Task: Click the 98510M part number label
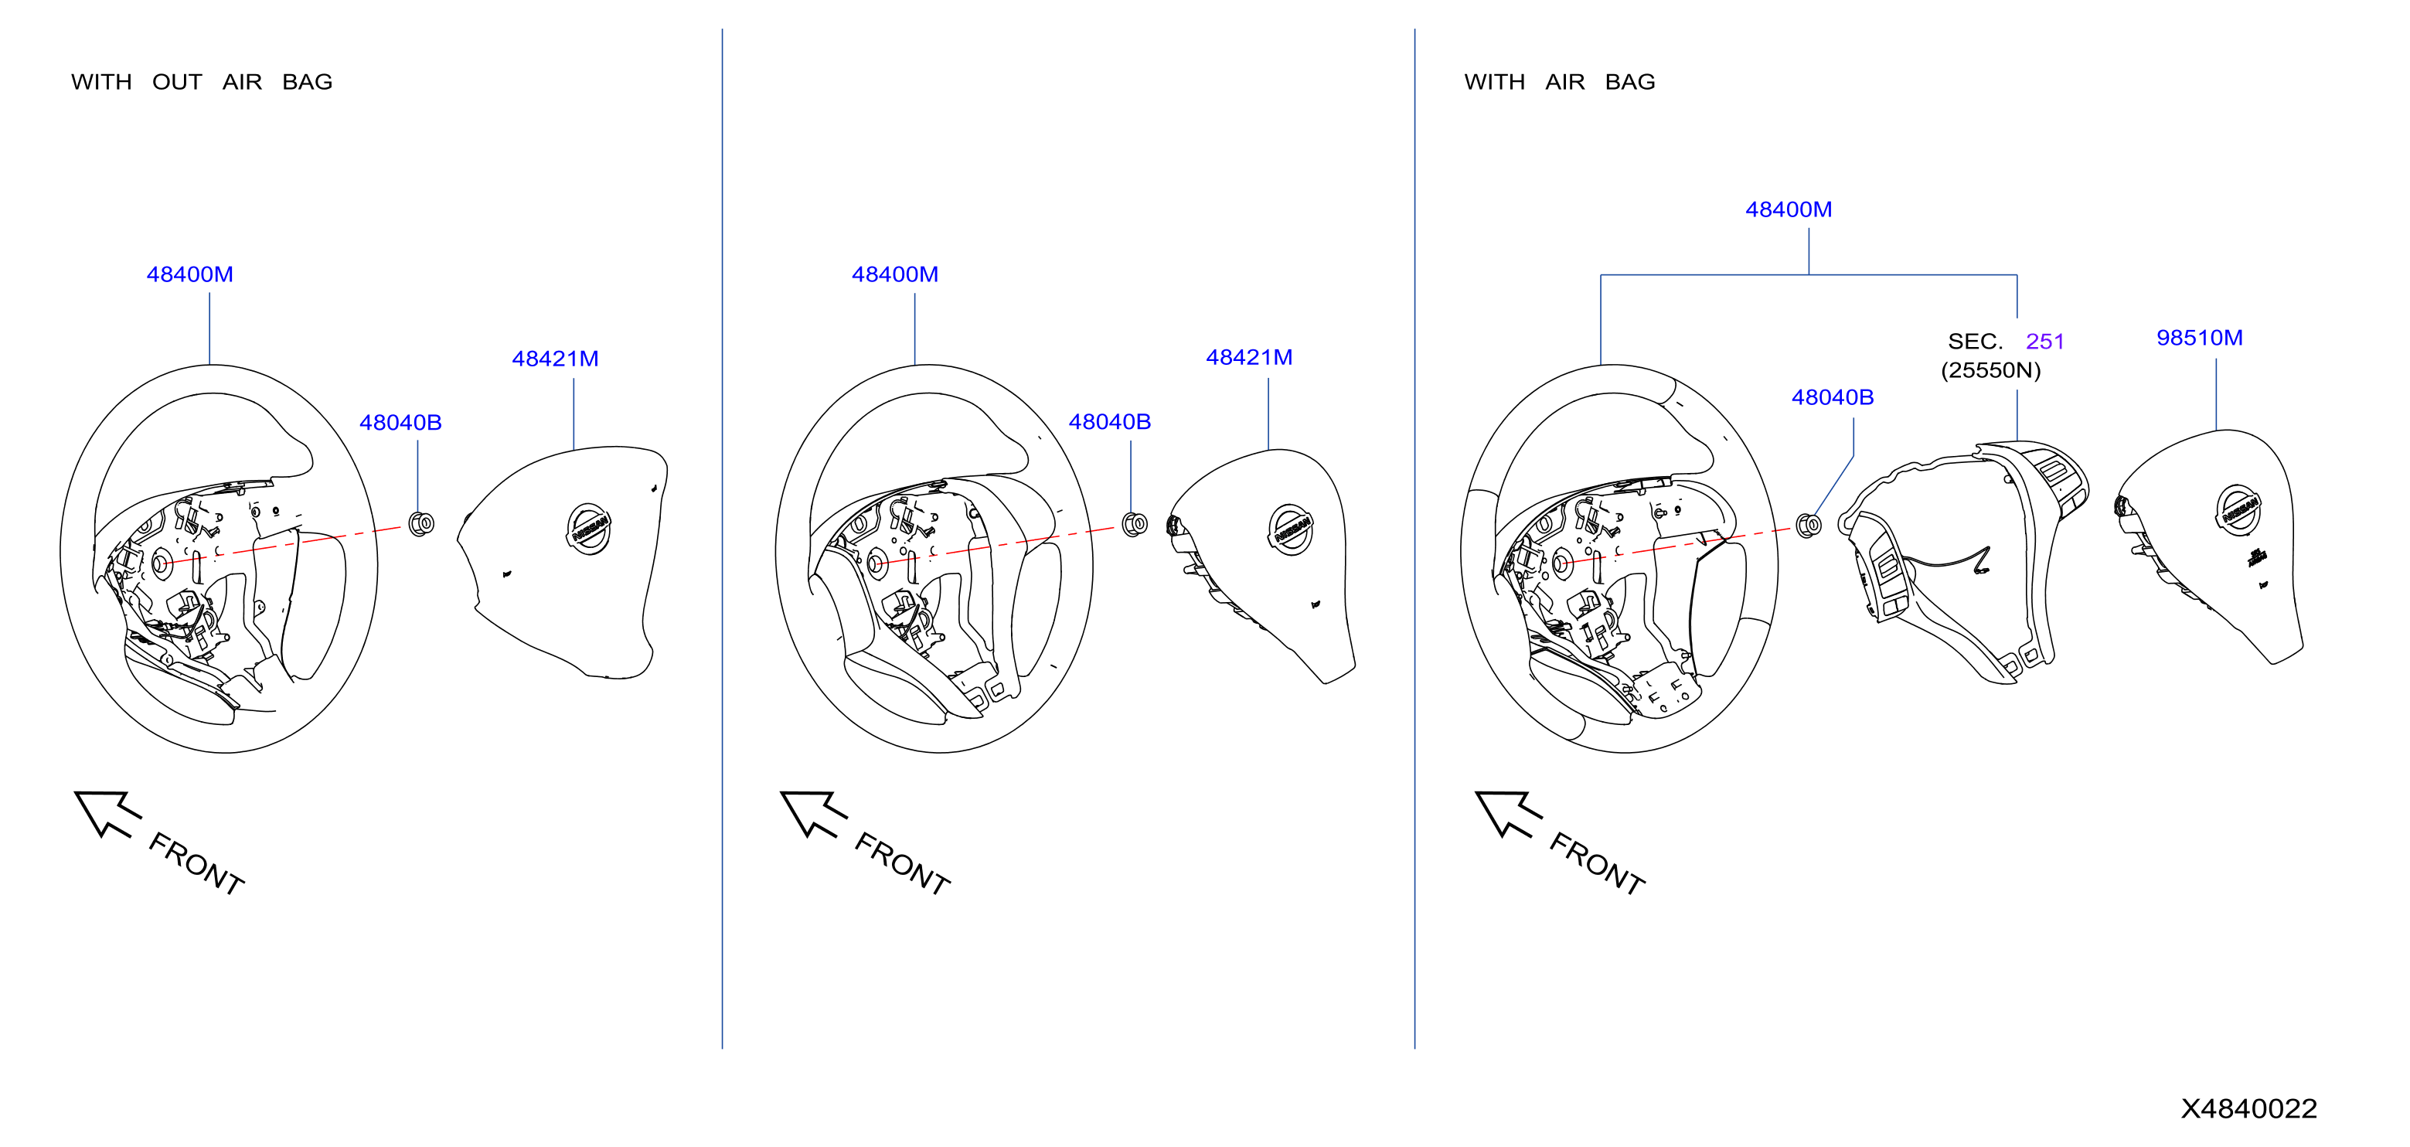(x=2200, y=338)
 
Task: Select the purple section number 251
(x=2045, y=342)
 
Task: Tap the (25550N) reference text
(x=1991, y=370)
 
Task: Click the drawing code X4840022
(x=2249, y=1108)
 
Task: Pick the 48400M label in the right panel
(x=1789, y=209)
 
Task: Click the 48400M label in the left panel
(x=190, y=274)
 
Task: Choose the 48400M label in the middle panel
(x=894, y=274)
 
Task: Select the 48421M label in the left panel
(x=555, y=359)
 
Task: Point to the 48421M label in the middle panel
(x=1249, y=357)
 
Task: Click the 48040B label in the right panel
(x=1833, y=397)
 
